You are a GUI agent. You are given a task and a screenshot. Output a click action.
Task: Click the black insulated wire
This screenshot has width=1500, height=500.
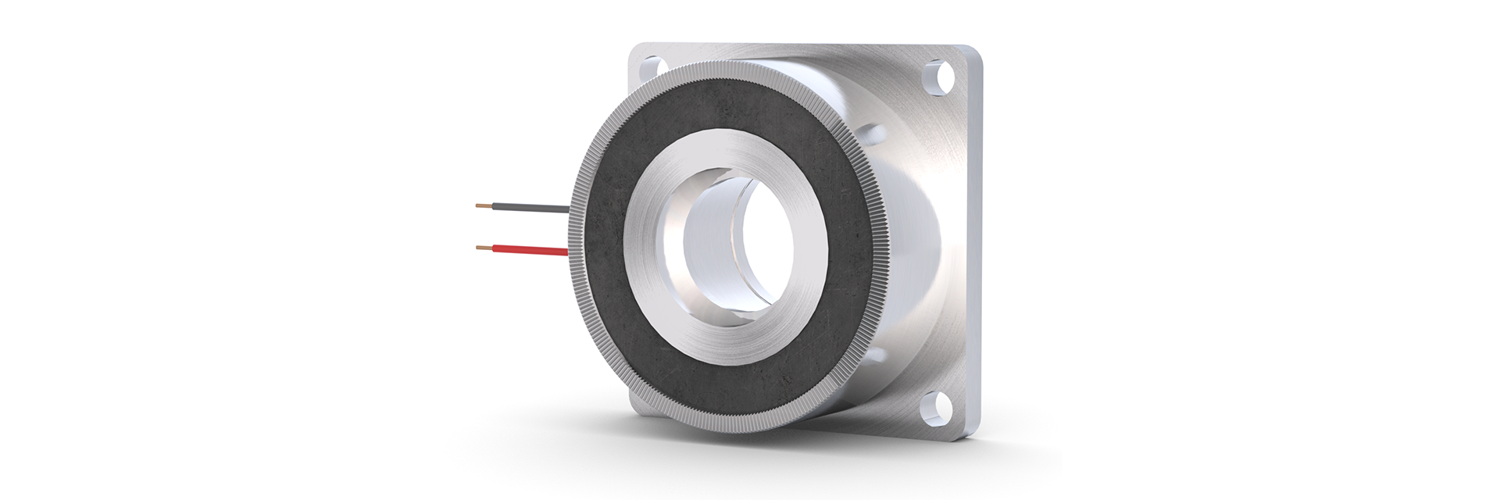click(x=531, y=209)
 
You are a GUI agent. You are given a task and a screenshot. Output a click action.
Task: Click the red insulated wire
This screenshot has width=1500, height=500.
click(x=531, y=250)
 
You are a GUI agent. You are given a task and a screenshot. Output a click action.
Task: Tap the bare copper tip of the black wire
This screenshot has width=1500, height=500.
click(x=484, y=206)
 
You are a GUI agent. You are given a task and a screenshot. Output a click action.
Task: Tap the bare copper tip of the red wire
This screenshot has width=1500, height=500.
click(x=484, y=248)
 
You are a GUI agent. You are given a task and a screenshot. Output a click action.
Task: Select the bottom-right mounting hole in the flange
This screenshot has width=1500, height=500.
click(x=936, y=406)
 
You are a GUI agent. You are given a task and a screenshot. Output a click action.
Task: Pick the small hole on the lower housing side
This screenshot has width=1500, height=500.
click(x=876, y=355)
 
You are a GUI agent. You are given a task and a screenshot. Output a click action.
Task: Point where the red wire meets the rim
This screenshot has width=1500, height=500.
click(x=569, y=252)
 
